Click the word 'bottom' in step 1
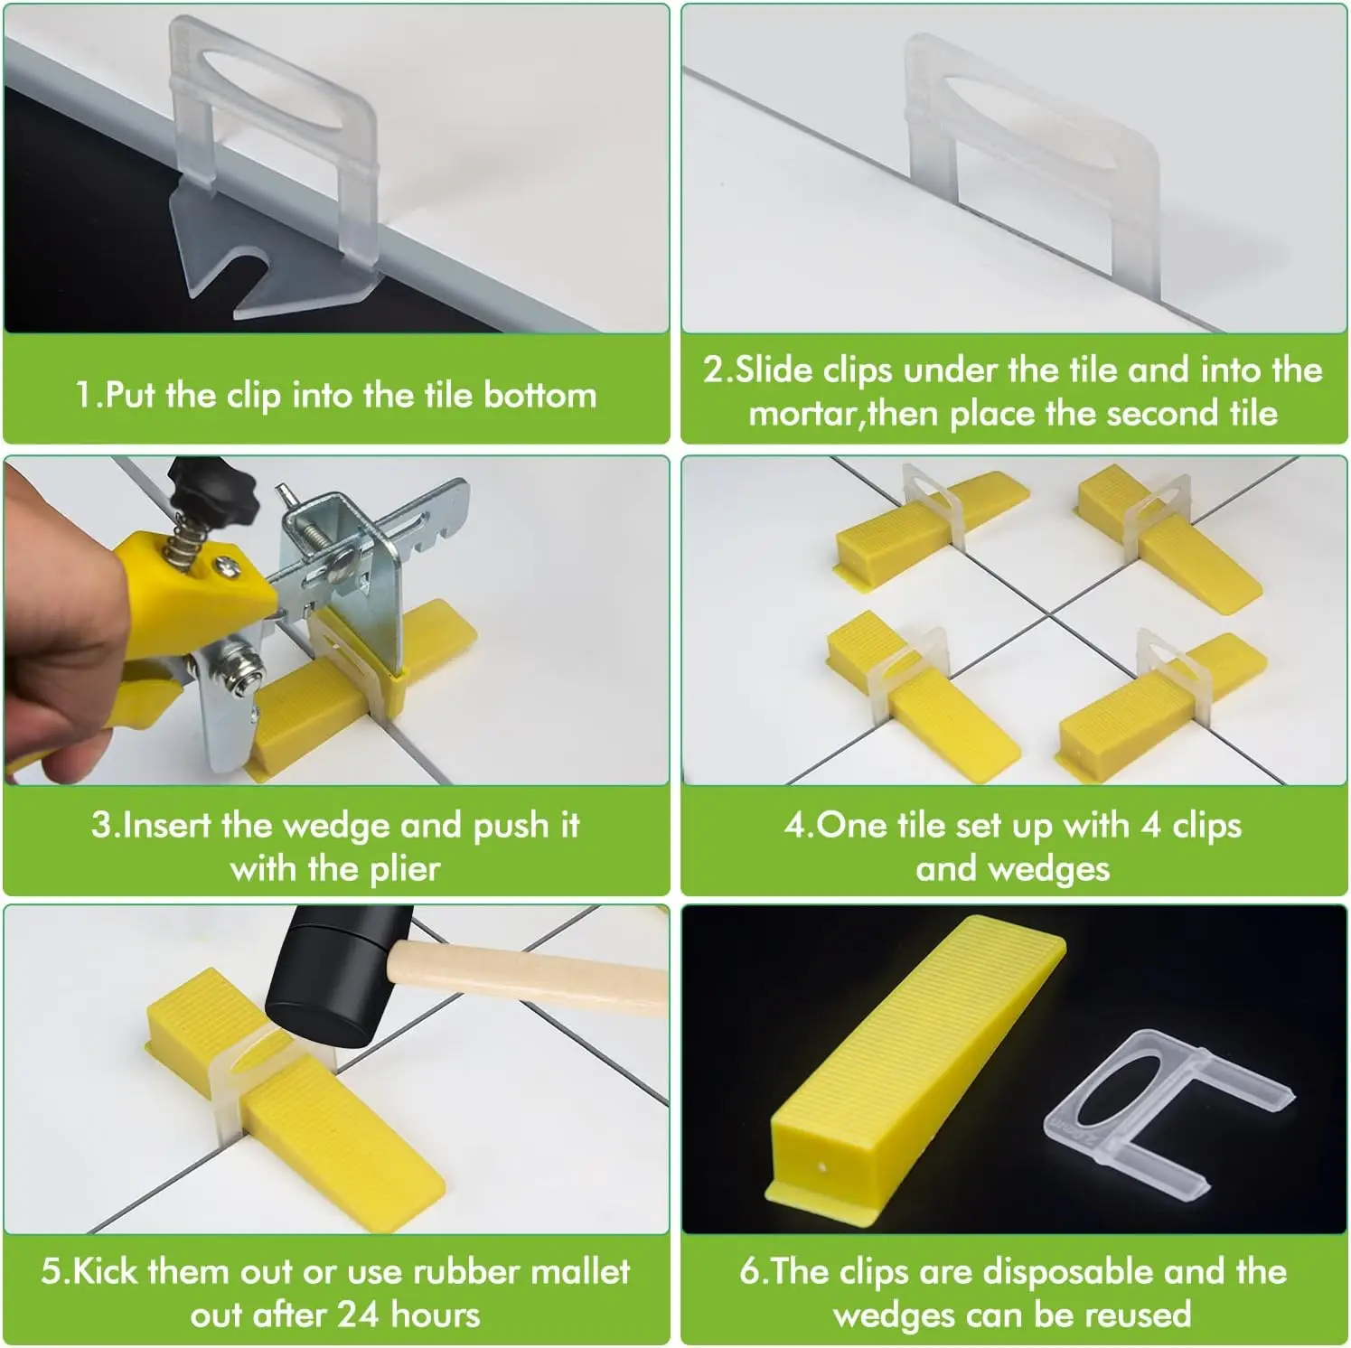point(539,395)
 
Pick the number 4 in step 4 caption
point(1151,826)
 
